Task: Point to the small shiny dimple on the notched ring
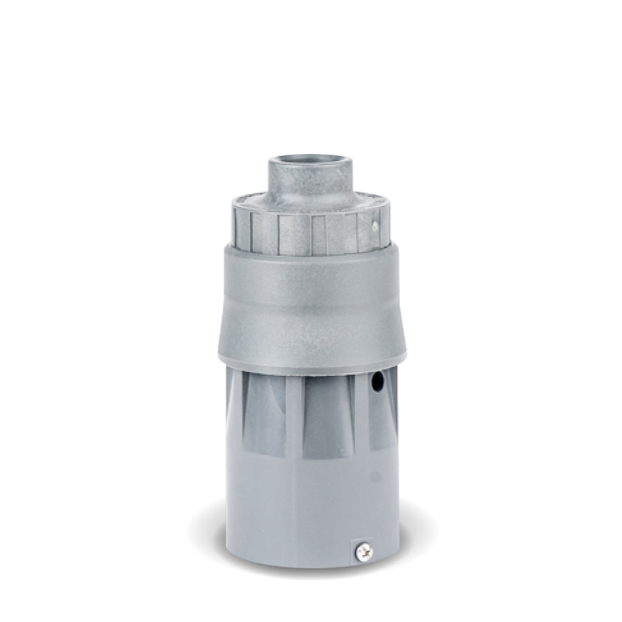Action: (x=376, y=226)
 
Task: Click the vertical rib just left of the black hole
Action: (x=361, y=409)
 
